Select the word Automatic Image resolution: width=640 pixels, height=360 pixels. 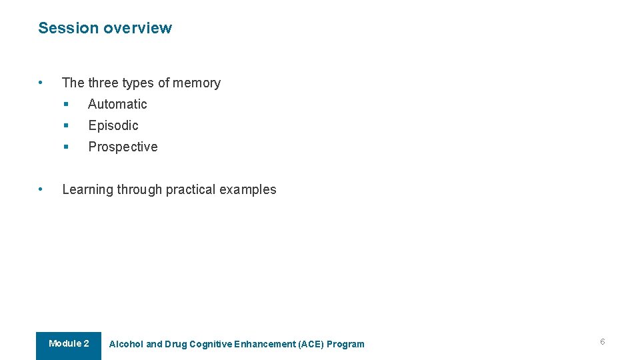point(117,104)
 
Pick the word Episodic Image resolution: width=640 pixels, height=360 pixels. point(113,125)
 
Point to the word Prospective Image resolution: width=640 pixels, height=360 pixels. point(123,147)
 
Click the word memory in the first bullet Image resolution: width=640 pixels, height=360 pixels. point(197,83)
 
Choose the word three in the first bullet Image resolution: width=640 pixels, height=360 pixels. point(103,83)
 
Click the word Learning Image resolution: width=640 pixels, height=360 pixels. point(87,189)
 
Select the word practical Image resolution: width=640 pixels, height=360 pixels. point(191,189)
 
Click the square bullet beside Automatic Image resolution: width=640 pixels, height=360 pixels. point(66,104)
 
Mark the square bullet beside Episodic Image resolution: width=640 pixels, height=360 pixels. point(66,125)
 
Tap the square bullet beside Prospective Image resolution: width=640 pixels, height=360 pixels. point(66,147)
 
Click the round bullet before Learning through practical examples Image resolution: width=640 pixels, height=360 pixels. point(41,189)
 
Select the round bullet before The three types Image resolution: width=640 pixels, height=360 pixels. point(41,83)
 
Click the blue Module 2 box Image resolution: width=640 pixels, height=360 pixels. point(69,345)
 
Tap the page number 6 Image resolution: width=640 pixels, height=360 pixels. point(602,342)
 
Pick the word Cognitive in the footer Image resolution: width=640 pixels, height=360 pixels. point(211,345)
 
